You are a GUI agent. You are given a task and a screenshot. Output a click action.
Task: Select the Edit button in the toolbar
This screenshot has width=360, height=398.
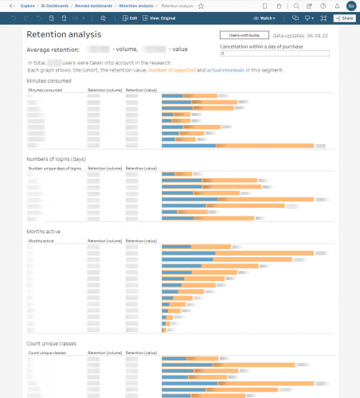(131, 17)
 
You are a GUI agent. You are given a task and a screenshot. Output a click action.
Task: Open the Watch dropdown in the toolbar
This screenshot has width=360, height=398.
(268, 17)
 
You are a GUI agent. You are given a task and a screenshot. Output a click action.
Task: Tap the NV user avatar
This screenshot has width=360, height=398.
(351, 6)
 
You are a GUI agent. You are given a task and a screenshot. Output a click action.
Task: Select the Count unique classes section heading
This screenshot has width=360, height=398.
(58, 343)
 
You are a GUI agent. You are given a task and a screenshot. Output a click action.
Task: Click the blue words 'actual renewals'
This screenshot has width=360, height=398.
(226, 71)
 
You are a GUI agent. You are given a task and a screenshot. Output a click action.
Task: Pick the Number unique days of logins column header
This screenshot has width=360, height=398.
(54, 169)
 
